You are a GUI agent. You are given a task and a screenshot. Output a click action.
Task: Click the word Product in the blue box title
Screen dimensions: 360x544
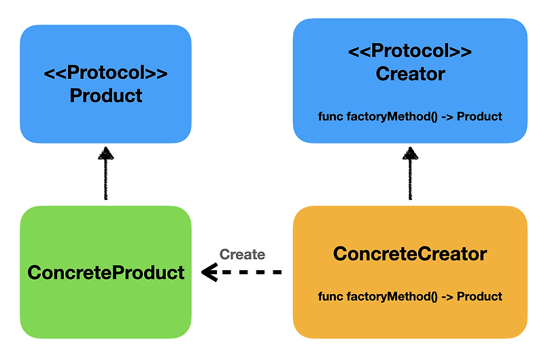(106, 95)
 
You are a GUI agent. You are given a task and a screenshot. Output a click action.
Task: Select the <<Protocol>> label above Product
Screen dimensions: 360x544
(106, 73)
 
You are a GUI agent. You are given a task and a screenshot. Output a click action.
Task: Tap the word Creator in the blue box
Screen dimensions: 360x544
(410, 73)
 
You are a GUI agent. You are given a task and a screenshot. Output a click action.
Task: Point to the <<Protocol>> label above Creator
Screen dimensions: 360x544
(410, 52)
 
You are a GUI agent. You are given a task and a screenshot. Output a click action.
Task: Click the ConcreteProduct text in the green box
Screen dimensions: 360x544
(106, 273)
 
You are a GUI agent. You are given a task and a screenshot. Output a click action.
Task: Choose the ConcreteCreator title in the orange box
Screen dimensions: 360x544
(410, 255)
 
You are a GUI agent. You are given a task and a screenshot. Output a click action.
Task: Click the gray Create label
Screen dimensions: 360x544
(242, 255)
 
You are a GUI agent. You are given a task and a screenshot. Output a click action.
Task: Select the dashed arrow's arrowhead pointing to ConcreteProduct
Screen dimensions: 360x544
(209, 273)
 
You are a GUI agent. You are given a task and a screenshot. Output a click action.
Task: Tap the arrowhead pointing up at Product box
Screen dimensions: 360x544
(105, 152)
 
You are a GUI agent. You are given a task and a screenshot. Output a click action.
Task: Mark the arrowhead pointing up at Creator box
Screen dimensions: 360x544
(410, 152)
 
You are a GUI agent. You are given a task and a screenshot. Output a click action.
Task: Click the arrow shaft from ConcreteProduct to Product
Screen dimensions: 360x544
(105, 180)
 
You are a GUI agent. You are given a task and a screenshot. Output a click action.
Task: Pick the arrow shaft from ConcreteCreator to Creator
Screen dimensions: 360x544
(410, 180)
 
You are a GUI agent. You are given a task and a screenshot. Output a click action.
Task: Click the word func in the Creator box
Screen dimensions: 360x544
(330, 116)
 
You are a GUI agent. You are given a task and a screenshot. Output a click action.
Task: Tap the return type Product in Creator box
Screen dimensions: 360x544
(479, 116)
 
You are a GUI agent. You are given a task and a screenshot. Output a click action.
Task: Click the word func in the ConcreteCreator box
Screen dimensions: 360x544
(330, 297)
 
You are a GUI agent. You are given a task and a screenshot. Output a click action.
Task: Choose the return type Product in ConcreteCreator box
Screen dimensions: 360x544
(479, 297)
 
